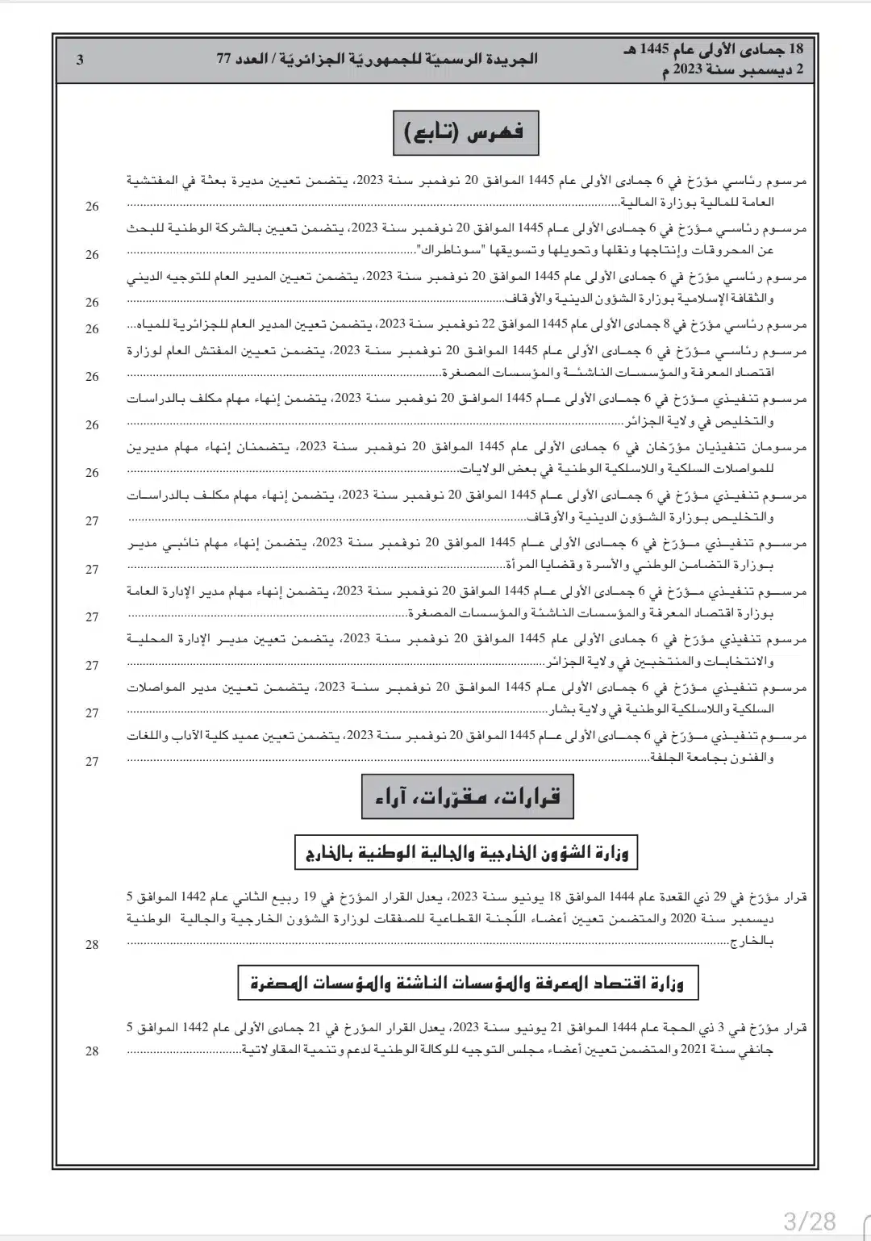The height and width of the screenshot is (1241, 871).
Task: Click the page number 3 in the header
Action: point(80,59)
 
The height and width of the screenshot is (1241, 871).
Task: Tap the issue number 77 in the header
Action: point(226,59)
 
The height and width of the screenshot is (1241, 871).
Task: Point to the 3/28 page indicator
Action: point(809,1219)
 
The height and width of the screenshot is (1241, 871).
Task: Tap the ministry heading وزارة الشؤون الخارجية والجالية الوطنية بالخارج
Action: point(467,852)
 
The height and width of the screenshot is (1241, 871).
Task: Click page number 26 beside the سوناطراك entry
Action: point(93,254)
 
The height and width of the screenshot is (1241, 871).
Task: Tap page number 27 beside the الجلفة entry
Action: point(93,761)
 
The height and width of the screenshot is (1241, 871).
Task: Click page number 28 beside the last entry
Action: point(93,1051)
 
